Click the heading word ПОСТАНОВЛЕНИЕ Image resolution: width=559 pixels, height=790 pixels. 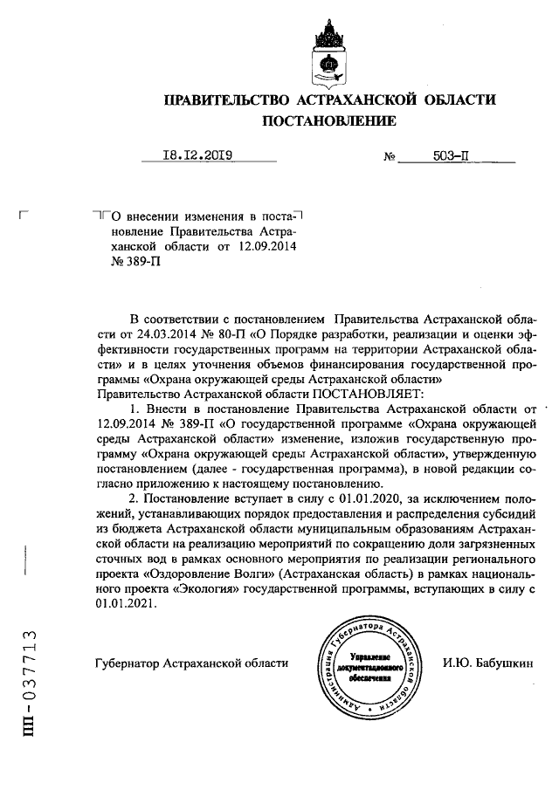point(329,120)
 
